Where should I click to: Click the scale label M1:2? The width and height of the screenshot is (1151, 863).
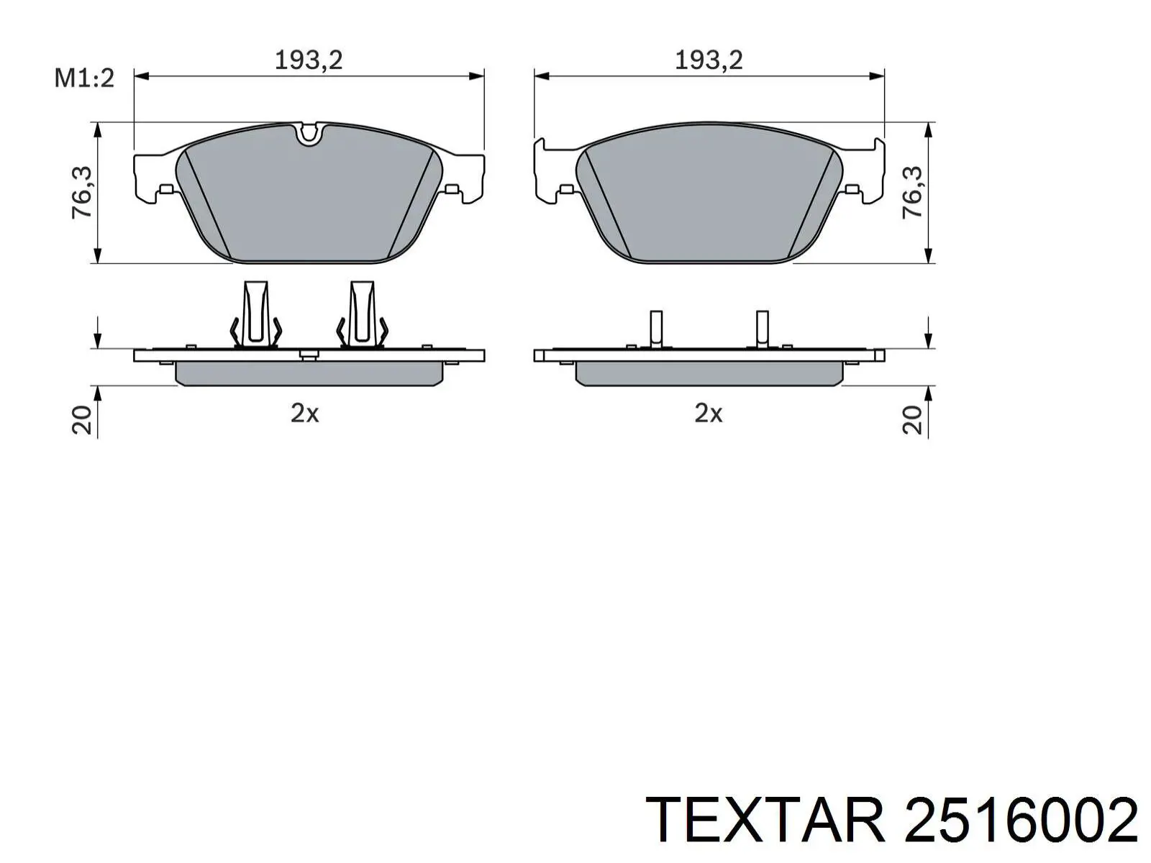(84, 78)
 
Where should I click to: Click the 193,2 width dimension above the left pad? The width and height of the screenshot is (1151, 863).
(309, 60)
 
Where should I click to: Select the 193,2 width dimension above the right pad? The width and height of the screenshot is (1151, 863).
(709, 60)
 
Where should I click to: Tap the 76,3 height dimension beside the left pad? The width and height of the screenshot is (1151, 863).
(82, 192)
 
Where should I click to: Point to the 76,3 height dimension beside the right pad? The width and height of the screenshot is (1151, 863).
(912, 192)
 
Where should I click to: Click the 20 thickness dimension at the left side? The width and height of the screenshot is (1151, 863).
(82, 420)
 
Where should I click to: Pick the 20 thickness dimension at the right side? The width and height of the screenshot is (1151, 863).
(912, 420)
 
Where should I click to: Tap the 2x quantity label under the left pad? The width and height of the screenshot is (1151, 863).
(305, 414)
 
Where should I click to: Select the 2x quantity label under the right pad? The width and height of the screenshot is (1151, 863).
(709, 414)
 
